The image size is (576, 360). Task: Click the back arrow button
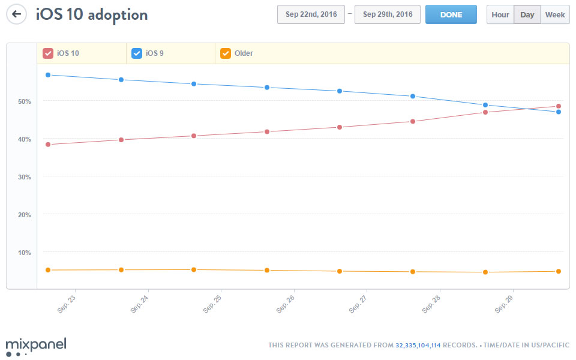point(17,14)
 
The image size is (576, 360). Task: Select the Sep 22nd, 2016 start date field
point(311,14)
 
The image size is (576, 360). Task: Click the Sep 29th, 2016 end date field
point(388,14)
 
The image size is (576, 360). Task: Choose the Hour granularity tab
point(500,14)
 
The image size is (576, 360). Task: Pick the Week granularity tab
point(555,14)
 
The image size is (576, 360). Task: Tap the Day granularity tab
point(527,14)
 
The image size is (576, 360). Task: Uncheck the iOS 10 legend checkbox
point(48,53)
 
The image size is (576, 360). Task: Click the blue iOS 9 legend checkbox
point(137,53)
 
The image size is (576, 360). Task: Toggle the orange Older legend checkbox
point(226,53)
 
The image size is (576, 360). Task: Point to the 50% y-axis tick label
point(24,101)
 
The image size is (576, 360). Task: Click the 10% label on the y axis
point(24,253)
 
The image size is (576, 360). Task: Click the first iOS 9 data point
point(48,75)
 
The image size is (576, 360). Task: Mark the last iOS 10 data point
point(559,106)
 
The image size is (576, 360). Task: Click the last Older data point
point(559,271)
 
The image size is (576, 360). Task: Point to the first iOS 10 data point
point(48,145)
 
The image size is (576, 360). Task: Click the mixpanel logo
point(36,346)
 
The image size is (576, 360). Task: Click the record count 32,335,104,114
point(418,346)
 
